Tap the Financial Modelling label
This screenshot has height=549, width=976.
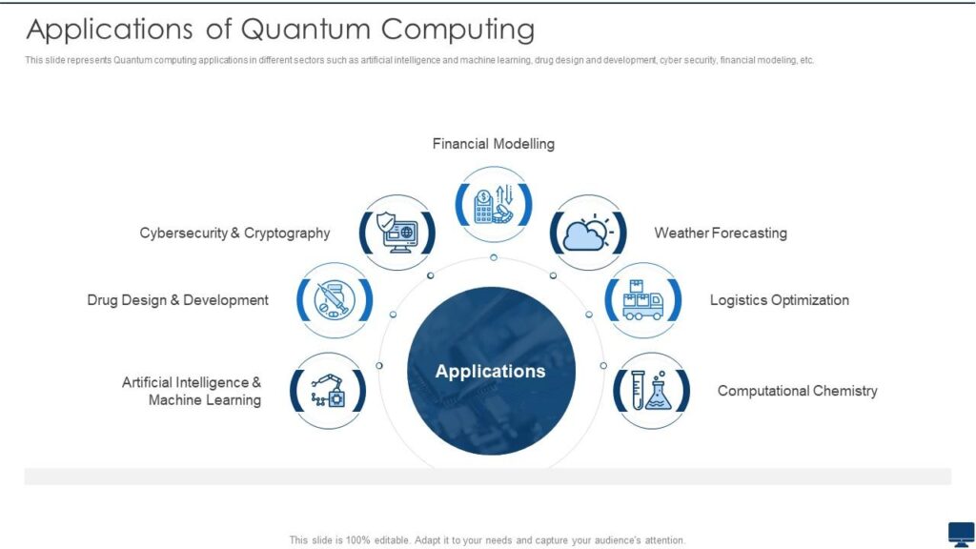(x=493, y=144)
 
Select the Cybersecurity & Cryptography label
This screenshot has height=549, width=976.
(x=234, y=233)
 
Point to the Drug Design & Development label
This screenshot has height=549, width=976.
(x=177, y=300)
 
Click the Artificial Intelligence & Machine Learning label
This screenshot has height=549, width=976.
(x=192, y=391)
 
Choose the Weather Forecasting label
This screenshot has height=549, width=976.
(x=721, y=233)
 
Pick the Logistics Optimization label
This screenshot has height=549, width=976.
(x=779, y=300)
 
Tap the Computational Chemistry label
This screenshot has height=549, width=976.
(x=797, y=391)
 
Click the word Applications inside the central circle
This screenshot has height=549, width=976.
(x=490, y=371)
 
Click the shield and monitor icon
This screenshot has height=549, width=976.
(x=398, y=232)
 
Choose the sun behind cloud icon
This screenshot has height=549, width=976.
(x=589, y=232)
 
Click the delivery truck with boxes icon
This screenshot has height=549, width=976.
(x=643, y=300)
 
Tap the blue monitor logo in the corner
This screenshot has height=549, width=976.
(x=961, y=534)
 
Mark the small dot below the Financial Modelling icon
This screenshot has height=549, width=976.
(x=494, y=257)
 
